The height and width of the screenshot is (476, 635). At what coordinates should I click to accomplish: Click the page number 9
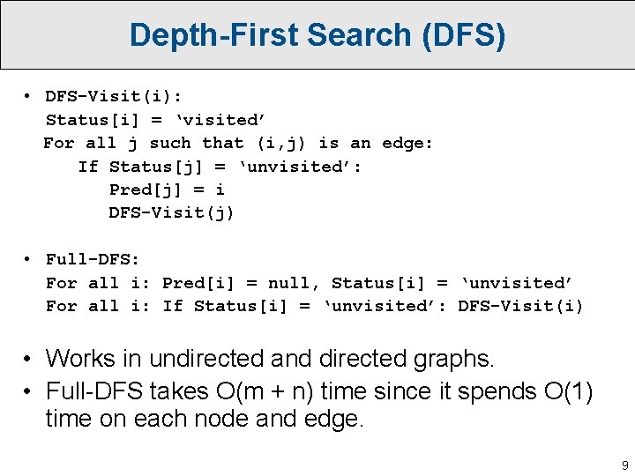pos(624,465)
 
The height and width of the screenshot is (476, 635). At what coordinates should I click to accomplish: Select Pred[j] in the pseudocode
pos(141,190)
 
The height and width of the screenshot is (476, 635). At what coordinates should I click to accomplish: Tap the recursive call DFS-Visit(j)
pos(171,212)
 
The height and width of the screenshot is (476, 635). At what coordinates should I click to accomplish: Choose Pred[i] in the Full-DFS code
pos(199,283)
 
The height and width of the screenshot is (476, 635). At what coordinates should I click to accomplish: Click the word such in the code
pos(170,143)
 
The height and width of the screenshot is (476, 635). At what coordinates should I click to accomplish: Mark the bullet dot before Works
pos(29,359)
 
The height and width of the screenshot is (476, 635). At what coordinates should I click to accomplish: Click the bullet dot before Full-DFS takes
pos(29,390)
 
